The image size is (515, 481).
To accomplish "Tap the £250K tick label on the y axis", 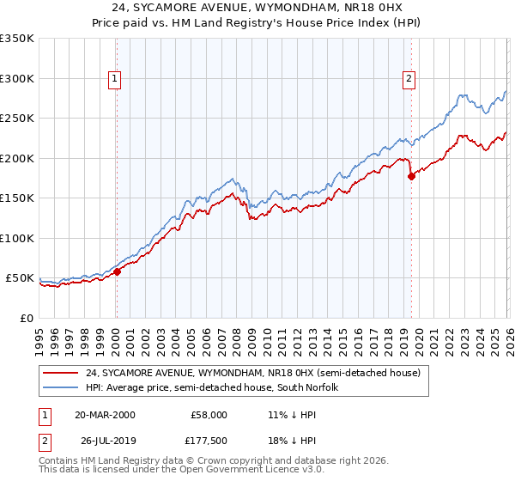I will pos(16,119).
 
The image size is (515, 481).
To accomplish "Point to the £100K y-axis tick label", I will pos(16,238).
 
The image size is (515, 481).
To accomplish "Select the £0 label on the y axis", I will pos(27,318).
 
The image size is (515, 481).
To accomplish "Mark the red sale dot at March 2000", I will pos(118,271).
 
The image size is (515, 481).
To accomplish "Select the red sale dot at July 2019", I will pos(411,176).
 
